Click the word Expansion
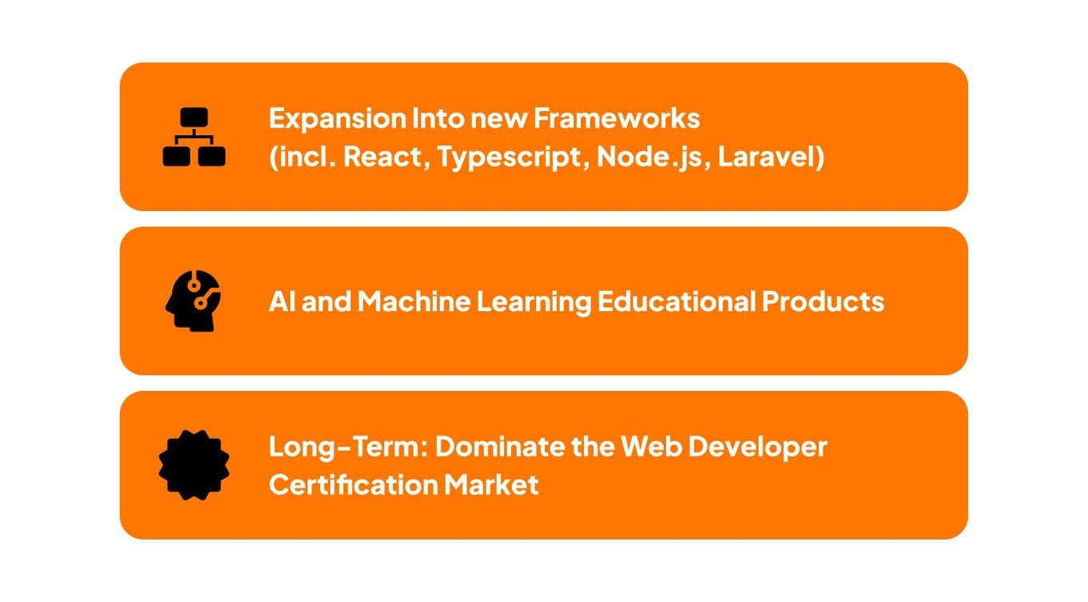(x=338, y=119)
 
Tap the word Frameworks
(x=617, y=118)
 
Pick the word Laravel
(x=767, y=157)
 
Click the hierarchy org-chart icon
(x=194, y=137)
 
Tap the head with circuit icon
(x=193, y=301)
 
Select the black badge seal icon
(x=194, y=465)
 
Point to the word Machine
(x=414, y=301)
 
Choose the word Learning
(x=534, y=302)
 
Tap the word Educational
(x=677, y=301)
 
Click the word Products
(x=822, y=301)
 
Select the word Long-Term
(x=348, y=448)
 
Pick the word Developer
(x=758, y=448)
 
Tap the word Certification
(x=353, y=484)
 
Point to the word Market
(x=491, y=484)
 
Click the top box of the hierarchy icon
(x=194, y=117)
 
